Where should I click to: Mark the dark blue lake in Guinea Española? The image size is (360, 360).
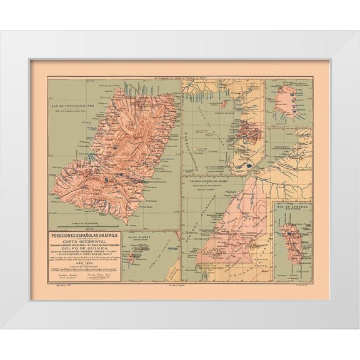pos(249,165)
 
